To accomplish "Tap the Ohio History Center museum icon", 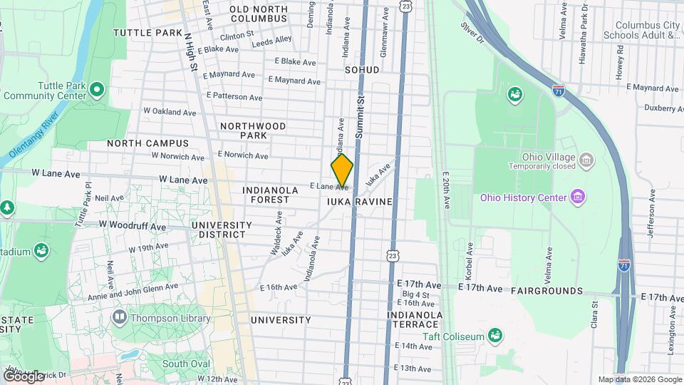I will (578, 197).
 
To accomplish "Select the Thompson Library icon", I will (119, 317).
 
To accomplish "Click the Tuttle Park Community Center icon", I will (98, 89).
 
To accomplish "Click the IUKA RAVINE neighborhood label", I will (360, 202).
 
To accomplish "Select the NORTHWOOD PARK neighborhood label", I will (252, 130).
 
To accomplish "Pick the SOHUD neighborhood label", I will (362, 70).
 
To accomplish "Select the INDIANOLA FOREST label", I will (266, 195).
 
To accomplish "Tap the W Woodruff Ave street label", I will (133, 225).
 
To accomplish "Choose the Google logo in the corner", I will (23, 376).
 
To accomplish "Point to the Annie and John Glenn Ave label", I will (133, 291).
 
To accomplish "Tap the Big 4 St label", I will (415, 294).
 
